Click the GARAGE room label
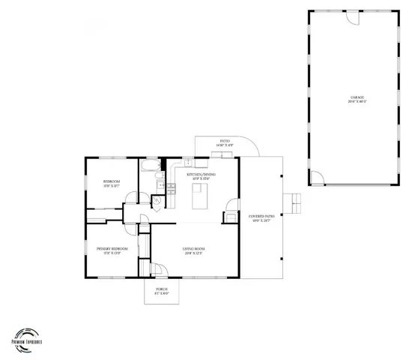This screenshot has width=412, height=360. tap(357, 98)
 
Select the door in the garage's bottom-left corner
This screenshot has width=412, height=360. tap(318, 178)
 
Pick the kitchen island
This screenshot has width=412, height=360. tap(199, 198)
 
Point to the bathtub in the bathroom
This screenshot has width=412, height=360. tap(149, 165)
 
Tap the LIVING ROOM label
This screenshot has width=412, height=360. tap(194, 250)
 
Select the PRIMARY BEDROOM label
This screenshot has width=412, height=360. tap(112, 250)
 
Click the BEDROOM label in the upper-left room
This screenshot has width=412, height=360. tap(111, 182)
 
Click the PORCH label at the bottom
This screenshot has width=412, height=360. tap(161, 290)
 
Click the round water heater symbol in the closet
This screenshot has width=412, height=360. tap(158, 199)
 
